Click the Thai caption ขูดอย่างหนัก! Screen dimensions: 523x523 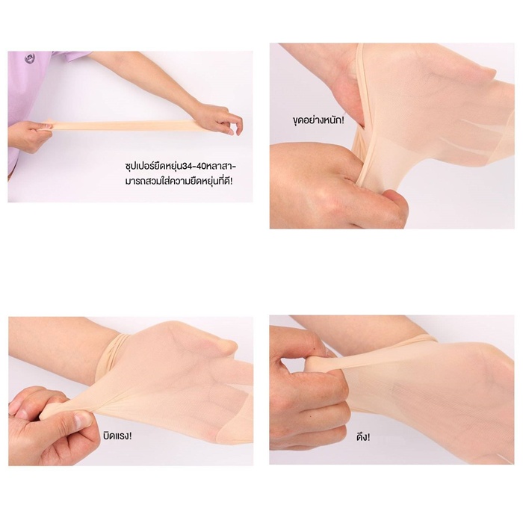pos(318,120)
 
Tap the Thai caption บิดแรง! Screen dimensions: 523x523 pos(117,436)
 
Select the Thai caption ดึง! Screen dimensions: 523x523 pos(363,436)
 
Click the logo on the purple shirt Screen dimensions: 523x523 pos(29,59)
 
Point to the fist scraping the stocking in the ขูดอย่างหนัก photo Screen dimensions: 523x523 pos(337,187)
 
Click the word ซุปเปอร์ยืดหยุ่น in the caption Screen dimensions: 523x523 pos(153,166)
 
